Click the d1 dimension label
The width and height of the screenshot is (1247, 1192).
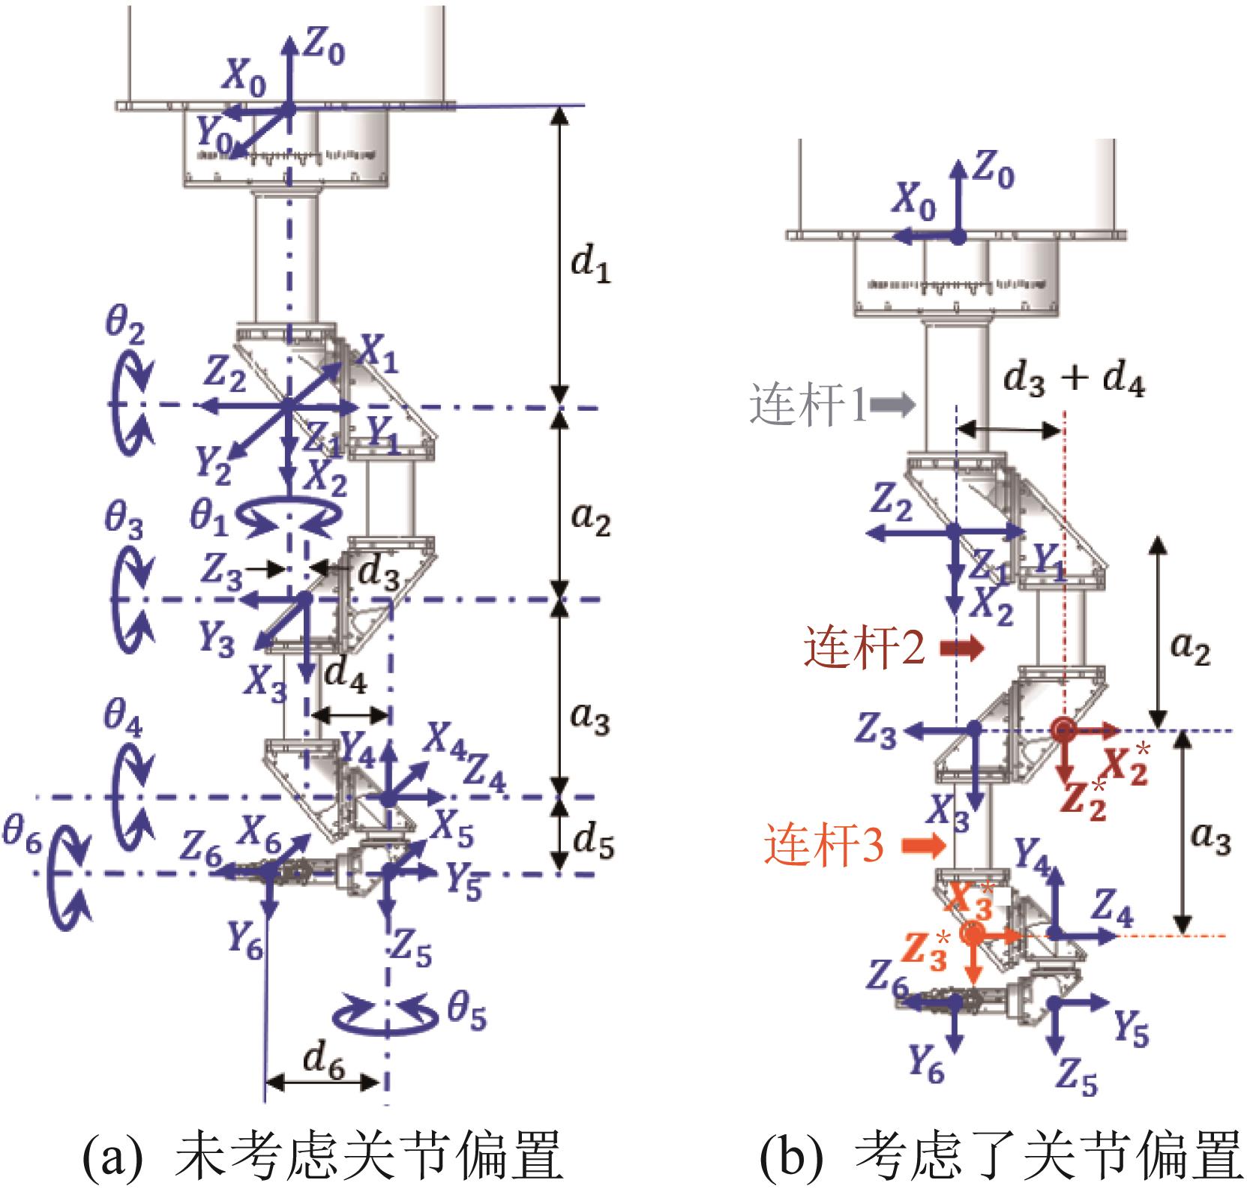click(x=590, y=268)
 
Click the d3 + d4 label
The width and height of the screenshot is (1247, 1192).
click(x=1074, y=380)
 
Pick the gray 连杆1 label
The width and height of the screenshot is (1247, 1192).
click(x=808, y=406)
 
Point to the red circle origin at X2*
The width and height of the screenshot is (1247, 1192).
click(x=1061, y=729)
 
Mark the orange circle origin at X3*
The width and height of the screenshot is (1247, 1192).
click(x=973, y=934)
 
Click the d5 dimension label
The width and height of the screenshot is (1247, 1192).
click(x=594, y=844)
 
